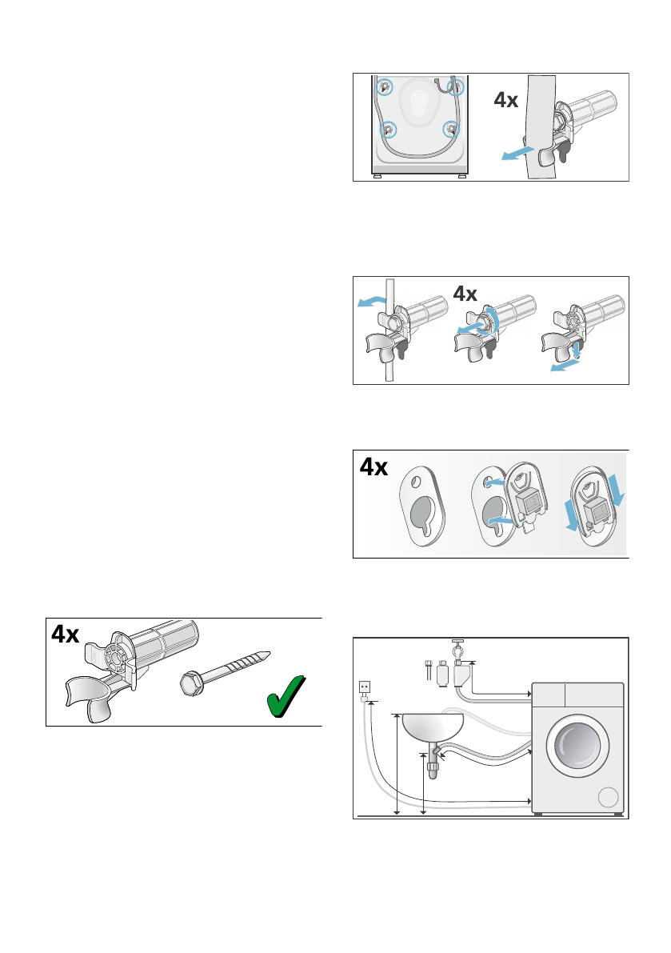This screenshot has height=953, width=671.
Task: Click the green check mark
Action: pos(286,695)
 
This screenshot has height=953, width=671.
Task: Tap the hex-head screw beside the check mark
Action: pos(225,671)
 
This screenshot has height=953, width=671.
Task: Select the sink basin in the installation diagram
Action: pos(433,727)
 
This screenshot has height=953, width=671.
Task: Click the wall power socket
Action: pos(365,687)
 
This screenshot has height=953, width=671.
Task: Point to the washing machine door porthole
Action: pos(577,746)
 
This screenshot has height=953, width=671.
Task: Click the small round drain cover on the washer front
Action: pos(608,797)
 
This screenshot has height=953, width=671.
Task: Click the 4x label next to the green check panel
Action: pos(66,634)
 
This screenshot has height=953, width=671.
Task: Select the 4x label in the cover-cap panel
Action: pos(373,466)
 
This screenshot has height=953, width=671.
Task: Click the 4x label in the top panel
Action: pos(505,100)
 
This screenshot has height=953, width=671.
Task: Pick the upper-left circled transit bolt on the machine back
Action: pos(384,87)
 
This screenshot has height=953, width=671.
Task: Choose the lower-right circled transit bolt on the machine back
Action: pos(451,129)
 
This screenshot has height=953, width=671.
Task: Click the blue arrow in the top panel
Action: pos(517,153)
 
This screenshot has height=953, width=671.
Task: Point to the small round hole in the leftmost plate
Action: pos(415,482)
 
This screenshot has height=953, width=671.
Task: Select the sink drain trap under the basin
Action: pos(433,762)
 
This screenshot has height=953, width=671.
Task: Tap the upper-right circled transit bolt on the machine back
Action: pos(455,87)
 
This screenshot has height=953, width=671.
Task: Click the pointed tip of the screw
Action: pos(269,654)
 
